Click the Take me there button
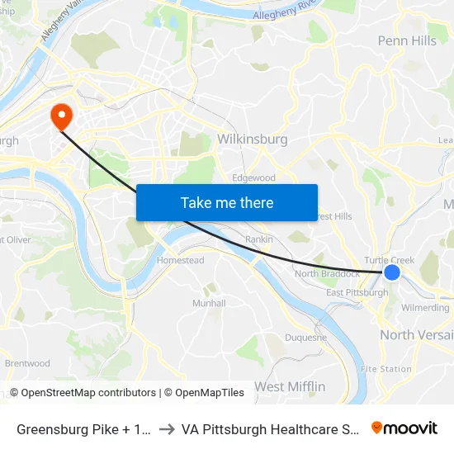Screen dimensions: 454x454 [227, 202]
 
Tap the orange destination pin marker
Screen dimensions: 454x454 [61, 116]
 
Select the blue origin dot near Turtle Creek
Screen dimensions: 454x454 [392, 272]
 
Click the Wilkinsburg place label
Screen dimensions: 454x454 [252, 140]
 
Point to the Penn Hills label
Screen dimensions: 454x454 [407, 40]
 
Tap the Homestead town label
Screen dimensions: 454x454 [181, 260]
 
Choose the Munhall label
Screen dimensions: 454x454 [209, 303]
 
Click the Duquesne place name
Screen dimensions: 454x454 [306, 337]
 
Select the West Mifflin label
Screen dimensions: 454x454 [290, 386]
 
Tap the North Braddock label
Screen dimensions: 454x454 [328, 274]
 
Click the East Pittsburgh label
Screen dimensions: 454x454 [357, 292]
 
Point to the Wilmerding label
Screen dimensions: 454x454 [425, 308]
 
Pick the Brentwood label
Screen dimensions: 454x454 [27, 363]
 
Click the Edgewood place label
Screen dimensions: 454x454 [253, 177]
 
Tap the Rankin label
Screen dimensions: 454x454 [259, 240]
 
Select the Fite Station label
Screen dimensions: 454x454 [385, 369]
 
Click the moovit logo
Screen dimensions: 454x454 [404, 428]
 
